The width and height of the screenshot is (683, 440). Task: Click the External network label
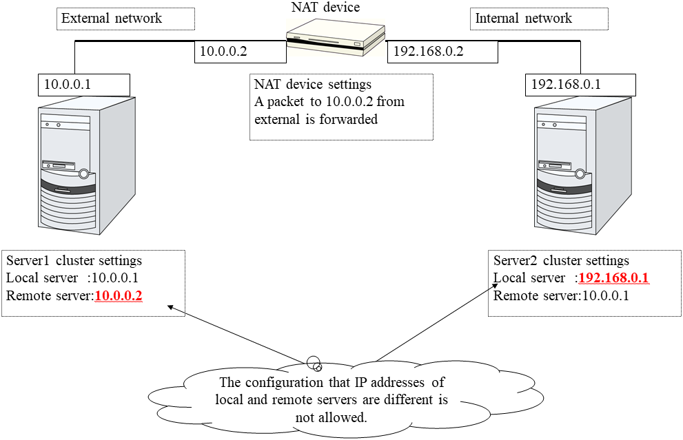(x=112, y=19)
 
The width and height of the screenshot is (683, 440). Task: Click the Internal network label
(x=524, y=19)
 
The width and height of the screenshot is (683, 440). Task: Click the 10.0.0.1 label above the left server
(x=68, y=85)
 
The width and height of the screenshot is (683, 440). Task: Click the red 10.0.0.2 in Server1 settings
(x=119, y=296)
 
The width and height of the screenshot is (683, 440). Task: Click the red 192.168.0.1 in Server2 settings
(x=613, y=278)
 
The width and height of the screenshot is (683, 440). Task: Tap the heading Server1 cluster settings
(x=74, y=261)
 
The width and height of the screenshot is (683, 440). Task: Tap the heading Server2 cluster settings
(x=562, y=261)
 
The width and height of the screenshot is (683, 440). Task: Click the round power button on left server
(x=84, y=174)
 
